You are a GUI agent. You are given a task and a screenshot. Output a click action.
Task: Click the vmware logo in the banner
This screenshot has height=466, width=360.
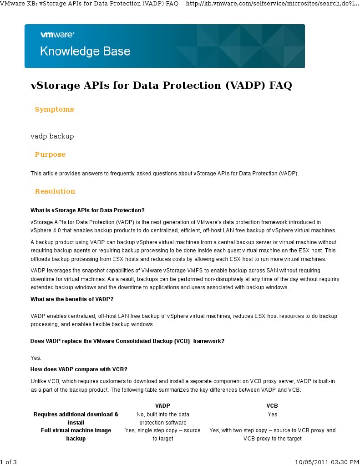pyautogui.click(x=57, y=34)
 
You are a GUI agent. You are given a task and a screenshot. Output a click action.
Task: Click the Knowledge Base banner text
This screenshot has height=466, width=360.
pyautogui.click(x=85, y=51)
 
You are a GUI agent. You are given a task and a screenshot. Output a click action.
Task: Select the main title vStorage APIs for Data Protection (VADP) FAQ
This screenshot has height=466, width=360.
pyautogui.click(x=161, y=86)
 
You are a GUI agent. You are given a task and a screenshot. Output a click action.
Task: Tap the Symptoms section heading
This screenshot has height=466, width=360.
pyautogui.click(x=54, y=109)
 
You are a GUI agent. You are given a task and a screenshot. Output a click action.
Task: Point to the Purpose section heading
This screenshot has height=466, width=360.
pyautogui.click(x=50, y=154)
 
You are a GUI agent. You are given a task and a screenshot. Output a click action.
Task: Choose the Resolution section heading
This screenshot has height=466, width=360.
pyautogui.click(x=55, y=191)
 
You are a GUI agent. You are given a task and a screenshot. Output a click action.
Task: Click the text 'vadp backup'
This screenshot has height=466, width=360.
pyautogui.click(x=52, y=136)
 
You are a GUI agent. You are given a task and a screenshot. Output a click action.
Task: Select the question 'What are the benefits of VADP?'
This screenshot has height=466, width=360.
pyautogui.click(x=72, y=299)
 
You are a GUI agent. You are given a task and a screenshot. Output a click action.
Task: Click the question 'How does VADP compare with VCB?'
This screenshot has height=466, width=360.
pyautogui.click(x=75, y=369)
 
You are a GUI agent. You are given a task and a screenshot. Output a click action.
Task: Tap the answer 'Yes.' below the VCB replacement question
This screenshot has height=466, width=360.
pyautogui.click(x=36, y=358)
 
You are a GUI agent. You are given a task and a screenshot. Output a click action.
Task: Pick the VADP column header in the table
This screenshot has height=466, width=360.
pyautogui.click(x=162, y=405)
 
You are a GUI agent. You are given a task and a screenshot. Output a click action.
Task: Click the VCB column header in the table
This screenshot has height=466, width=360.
pyautogui.click(x=272, y=405)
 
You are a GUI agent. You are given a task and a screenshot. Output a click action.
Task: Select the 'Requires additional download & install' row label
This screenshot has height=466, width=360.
pyautogui.click(x=76, y=418)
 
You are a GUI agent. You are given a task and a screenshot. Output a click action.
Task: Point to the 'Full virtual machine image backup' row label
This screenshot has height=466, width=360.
pyautogui.click(x=76, y=434)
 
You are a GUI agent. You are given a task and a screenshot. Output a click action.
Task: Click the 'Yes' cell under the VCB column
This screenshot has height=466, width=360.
pyautogui.click(x=272, y=415)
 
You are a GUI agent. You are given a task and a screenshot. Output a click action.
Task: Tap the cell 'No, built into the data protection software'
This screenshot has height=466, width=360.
pyautogui.click(x=162, y=418)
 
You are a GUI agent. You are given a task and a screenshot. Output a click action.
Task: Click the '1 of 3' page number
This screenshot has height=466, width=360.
pyautogui.click(x=9, y=462)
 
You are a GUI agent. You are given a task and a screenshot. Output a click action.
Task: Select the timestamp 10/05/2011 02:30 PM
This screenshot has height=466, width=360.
pyautogui.click(x=327, y=462)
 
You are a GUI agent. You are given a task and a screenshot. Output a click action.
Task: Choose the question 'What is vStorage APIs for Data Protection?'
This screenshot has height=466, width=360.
pyautogui.click(x=87, y=210)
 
